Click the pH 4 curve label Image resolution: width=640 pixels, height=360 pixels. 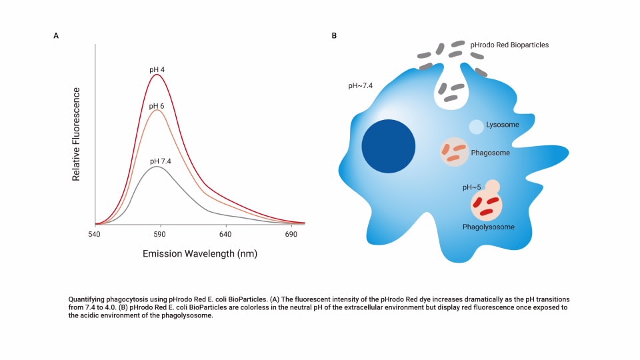(x=157, y=69)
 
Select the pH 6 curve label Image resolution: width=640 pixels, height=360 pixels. (x=157, y=106)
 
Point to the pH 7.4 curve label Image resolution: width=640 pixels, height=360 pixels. (x=161, y=161)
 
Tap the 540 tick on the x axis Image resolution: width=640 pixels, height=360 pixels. (x=94, y=235)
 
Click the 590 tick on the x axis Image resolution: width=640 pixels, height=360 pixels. (x=159, y=235)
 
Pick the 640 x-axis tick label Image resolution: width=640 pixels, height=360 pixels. (x=225, y=235)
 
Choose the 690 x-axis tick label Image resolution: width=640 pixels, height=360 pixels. (x=291, y=235)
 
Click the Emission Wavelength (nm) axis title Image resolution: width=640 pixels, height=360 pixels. (x=200, y=254)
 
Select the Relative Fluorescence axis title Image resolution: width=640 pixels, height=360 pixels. (x=76, y=134)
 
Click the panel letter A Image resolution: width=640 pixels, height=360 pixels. (x=56, y=36)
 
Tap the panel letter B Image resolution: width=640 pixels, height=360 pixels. (x=334, y=36)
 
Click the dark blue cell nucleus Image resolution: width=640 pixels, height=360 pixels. (x=389, y=147)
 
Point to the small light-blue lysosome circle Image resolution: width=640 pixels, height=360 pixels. (x=476, y=126)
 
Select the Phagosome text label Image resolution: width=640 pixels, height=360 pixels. (x=490, y=153)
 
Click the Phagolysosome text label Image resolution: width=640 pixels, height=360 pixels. (x=489, y=227)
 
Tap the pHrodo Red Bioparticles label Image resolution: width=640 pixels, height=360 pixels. (x=509, y=45)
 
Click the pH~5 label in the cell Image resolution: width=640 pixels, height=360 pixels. (x=472, y=188)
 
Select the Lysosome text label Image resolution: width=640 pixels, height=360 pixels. (x=503, y=125)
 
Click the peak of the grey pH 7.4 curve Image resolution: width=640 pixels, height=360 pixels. (x=157, y=166)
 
